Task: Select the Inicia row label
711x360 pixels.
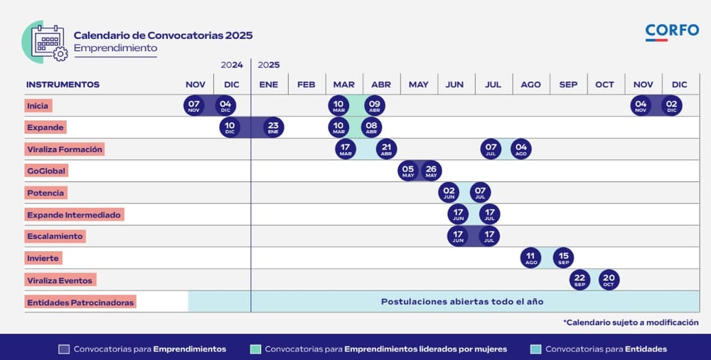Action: tap(38, 106)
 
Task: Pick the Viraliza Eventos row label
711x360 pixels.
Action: tap(60, 280)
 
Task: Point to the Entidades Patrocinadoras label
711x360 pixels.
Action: tap(80, 302)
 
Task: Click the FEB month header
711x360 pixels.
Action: tap(306, 85)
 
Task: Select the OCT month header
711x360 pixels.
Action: tap(604, 85)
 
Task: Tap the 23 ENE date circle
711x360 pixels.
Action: tap(273, 128)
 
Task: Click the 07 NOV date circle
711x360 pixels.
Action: tap(193, 106)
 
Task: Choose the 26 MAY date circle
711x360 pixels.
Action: tap(431, 171)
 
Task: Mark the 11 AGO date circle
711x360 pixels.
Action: tap(530, 258)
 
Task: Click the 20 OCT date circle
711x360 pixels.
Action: tap(609, 280)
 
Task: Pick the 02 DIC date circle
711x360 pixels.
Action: tap(671, 106)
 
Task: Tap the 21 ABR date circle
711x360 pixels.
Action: tap(386, 149)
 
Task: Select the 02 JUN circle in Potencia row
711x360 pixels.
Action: tap(449, 193)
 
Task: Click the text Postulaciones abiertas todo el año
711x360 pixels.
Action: tap(462, 302)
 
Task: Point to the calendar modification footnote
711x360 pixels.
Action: tap(631, 322)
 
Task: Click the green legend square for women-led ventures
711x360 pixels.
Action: tap(256, 349)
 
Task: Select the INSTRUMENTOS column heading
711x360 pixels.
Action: tap(63, 85)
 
